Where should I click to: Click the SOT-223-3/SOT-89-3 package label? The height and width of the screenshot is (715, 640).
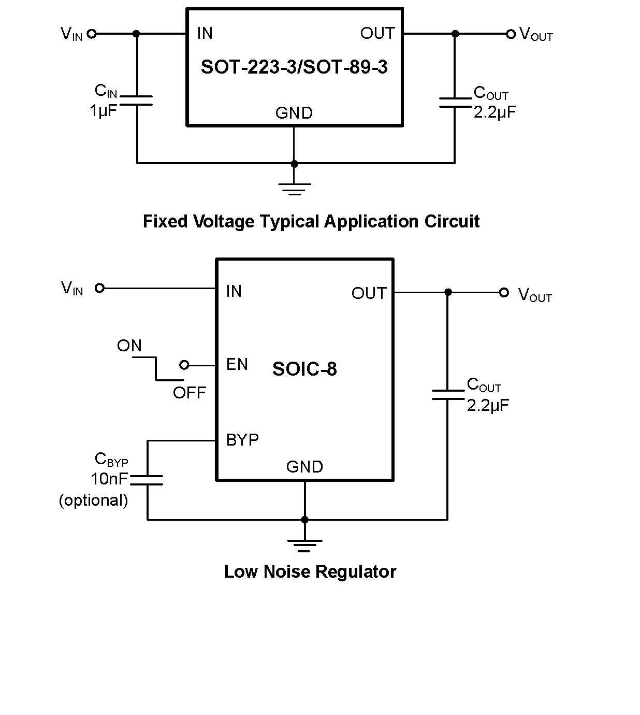tap(294, 67)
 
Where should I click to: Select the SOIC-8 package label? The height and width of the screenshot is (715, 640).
tap(304, 369)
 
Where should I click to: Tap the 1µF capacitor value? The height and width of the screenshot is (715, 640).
tap(104, 110)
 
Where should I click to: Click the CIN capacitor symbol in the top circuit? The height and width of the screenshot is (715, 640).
tap(137, 100)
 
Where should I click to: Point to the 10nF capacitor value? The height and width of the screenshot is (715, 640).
tap(109, 478)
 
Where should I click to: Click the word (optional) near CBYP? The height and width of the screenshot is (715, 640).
tap(93, 500)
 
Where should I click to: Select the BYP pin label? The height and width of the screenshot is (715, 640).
tap(242, 440)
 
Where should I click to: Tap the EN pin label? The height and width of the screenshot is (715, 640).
tap(237, 364)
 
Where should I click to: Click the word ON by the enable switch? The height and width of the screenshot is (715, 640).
tap(129, 346)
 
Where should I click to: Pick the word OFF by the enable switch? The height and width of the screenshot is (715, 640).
tap(189, 393)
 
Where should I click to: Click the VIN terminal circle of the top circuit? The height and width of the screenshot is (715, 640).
tap(92, 34)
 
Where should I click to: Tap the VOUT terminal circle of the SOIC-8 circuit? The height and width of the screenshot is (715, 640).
tap(504, 292)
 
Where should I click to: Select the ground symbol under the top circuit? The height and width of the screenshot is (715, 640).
tap(294, 189)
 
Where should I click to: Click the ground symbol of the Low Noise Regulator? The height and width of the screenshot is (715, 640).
tap(304, 545)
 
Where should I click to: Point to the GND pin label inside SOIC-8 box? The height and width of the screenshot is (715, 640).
tap(304, 467)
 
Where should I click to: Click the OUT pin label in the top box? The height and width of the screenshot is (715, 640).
tap(377, 34)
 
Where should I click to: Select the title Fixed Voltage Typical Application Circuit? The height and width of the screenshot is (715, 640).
tap(311, 221)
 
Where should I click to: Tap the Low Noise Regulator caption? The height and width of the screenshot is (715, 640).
tap(310, 571)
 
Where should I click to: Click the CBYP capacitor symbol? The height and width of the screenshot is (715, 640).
tap(147, 480)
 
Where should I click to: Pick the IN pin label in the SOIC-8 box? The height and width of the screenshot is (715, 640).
tap(234, 291)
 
